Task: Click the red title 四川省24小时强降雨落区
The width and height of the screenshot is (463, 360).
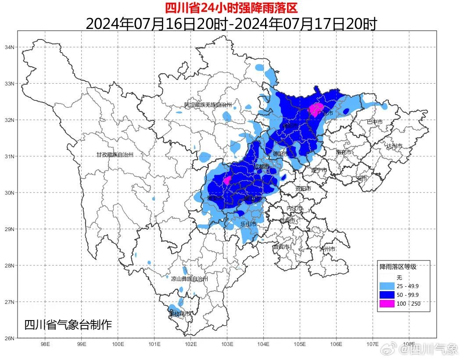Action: [x=231, y=8]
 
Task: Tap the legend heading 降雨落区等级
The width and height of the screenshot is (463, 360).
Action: [x=398, y=267]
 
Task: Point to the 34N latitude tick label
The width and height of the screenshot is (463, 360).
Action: [x=10, y=47]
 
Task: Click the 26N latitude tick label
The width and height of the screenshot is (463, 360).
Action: [x=10, y=338]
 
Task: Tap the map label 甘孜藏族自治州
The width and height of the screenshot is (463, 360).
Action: [x=115, y=155]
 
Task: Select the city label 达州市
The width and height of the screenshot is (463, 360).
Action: [x=394, y=146]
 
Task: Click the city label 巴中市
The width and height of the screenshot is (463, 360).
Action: [x=374, y=122]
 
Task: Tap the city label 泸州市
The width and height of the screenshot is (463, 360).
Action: [x=327, y=249]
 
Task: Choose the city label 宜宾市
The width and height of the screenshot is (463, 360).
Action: [x=281, y=247]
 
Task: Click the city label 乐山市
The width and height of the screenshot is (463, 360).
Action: [x=248, y=224]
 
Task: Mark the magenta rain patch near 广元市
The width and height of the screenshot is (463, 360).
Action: [x=316, y=108]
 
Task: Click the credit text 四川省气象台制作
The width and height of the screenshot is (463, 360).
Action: [x=68, y=325]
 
